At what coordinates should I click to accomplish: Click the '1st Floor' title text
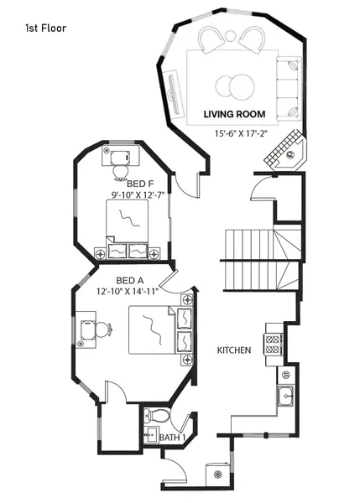[46, 28]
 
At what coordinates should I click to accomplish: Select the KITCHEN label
[233, 350]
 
